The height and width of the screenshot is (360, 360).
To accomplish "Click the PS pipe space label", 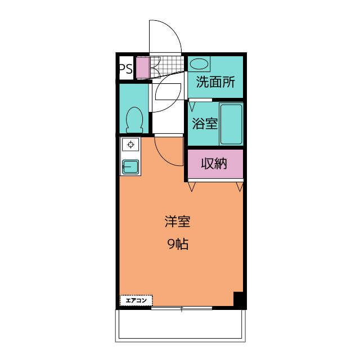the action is coord(126,69).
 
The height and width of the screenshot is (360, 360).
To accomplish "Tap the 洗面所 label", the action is coord(215,82).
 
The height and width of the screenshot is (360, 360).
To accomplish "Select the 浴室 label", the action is coord(205,124).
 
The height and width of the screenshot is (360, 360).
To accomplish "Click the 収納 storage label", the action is coord(214,164).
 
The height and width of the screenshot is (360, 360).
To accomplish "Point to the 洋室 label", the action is coord(178,222).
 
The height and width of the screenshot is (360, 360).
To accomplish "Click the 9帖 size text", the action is coord(178,244).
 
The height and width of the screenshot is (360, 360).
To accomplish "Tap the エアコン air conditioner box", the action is coord(136,300).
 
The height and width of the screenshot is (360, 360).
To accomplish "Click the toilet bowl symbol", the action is coord(134,120).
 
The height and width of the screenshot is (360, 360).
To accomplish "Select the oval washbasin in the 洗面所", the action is coord(199,64).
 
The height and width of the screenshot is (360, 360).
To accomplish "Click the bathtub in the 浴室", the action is coord(231,124).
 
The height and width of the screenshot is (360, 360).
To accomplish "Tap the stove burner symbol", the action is coord(130,145).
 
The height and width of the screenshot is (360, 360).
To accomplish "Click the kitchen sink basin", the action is coord(130,166).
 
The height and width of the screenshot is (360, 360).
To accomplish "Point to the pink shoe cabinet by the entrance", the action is coord(142,67).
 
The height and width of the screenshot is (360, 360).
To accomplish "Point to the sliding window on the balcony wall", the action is coord(182,308).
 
